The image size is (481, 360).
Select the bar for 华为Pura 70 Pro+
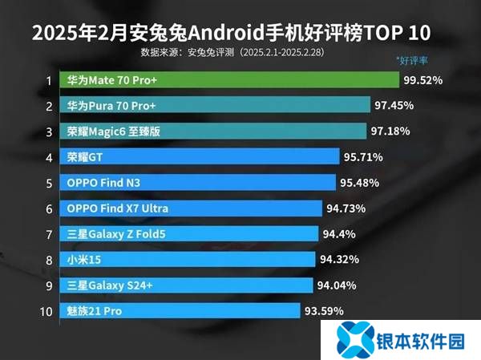click(x=216, y=106)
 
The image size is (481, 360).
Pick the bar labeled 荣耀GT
click(x=200, y=157)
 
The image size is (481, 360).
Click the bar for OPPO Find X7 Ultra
click(x=192, y=208)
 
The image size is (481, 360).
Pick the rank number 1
click(x=49, y=80)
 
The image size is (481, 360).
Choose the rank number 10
click(x=46, y=310)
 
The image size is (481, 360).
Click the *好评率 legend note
click(x=414, y=60)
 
